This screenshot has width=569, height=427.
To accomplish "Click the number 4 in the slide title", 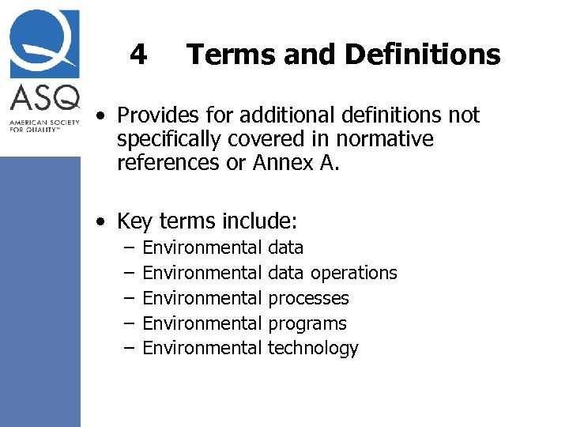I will (138, 55).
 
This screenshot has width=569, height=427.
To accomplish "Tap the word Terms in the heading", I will (225, 55).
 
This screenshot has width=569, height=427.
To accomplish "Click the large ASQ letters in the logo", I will (44, 99).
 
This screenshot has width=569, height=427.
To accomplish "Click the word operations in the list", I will (353, 273).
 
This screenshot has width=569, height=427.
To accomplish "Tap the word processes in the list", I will (308, 298).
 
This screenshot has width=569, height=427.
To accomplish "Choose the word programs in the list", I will (307, 323).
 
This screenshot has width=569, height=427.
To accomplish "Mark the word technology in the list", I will (313, 348).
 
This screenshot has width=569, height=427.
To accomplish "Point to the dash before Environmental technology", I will (129, 348).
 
